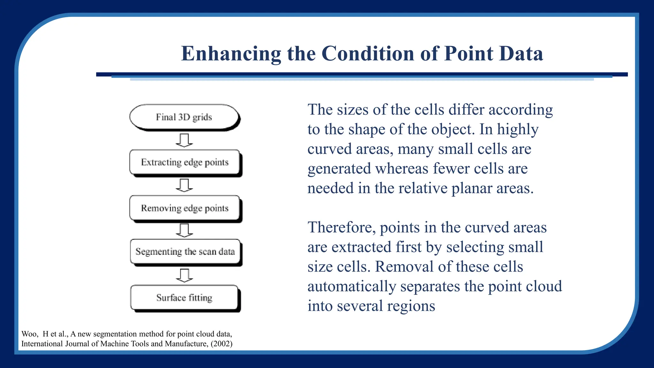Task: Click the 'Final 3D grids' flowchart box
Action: click(x=184, y=117)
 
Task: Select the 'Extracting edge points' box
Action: click(x=185, y=162)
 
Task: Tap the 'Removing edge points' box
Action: click(x=185, y=208)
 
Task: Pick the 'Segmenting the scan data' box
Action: click(x=185, y=252)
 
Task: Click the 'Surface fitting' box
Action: click(x=184, y=297)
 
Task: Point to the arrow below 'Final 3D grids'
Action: click(x=184, y=140)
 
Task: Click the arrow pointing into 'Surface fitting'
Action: click(x=184, y=275)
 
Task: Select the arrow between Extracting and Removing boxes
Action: click(x=184, y=185)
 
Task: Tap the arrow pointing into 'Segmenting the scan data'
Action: click(x=184, y=230)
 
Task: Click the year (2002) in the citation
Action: click(x=222, y=344)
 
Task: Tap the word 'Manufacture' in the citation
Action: click(x=186, y=344)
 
